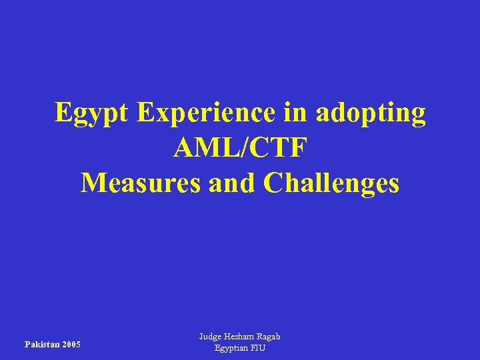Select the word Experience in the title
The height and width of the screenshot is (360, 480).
pos(205,113)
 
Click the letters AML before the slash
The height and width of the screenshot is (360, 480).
pos(201,147)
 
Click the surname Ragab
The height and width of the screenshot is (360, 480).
pos(269,337)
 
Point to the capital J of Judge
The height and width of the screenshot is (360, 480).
pos(201,337)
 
